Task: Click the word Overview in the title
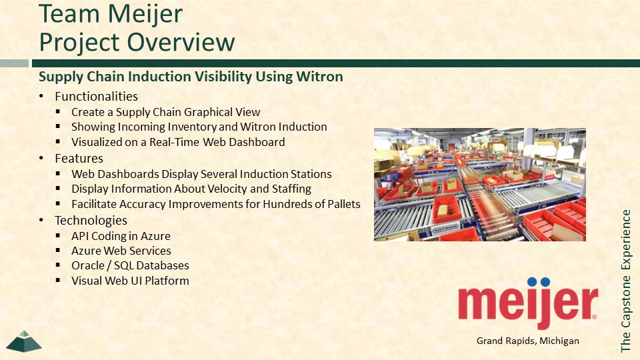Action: pyautogui.click(x=181, y=42)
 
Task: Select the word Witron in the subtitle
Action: pyautogui.click(x=319, y=76)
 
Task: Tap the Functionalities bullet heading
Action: pyautogui.click(x=96, y=96)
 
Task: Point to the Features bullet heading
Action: pyautogui.click(x=79, y=159)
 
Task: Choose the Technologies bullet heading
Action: pyautogui.click(x=91, y=221)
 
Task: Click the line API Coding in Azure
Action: pyautogui.click(x=121, y=236)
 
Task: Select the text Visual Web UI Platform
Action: pyautogui.click(x=130, y=281)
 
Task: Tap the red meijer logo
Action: pyautogui.click(x=528, y=303)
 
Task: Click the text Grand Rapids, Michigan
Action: pyautogui.click(x=528, y=341)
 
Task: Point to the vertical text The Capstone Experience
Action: pyautogui.click(x=626, y=281)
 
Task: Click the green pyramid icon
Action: pyautogui.click(x=24, y=341)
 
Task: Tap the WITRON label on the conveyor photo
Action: pyautogui.click(x=445, y=228)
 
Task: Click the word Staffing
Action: pyautogui.click(x=291, y=189)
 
